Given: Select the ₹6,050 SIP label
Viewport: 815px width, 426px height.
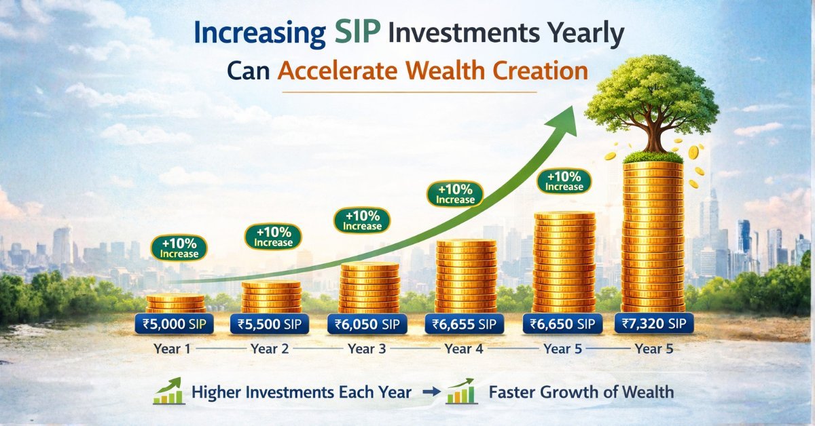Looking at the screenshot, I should [367, 324].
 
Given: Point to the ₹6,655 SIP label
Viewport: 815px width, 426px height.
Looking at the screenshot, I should [464, 324].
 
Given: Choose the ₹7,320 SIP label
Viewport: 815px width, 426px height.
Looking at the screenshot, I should [653, 323].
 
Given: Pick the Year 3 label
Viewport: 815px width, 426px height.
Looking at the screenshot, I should [367, 349].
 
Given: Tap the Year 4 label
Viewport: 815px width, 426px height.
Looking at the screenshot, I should [464, 349].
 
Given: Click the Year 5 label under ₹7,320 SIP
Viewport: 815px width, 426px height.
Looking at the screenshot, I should [653, 349].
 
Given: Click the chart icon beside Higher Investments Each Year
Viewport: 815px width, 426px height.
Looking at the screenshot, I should [167, 391].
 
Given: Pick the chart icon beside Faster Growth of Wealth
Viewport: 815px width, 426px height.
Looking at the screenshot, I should [460, 391].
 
